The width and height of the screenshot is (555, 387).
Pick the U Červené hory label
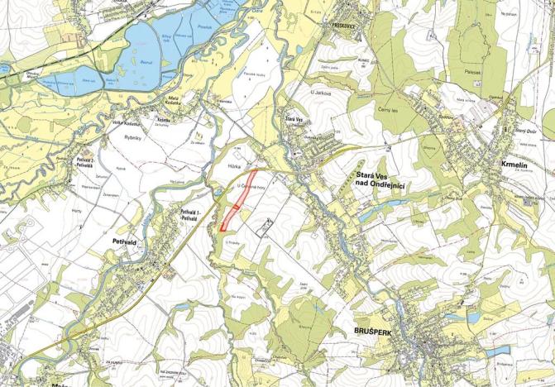(251, 186)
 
